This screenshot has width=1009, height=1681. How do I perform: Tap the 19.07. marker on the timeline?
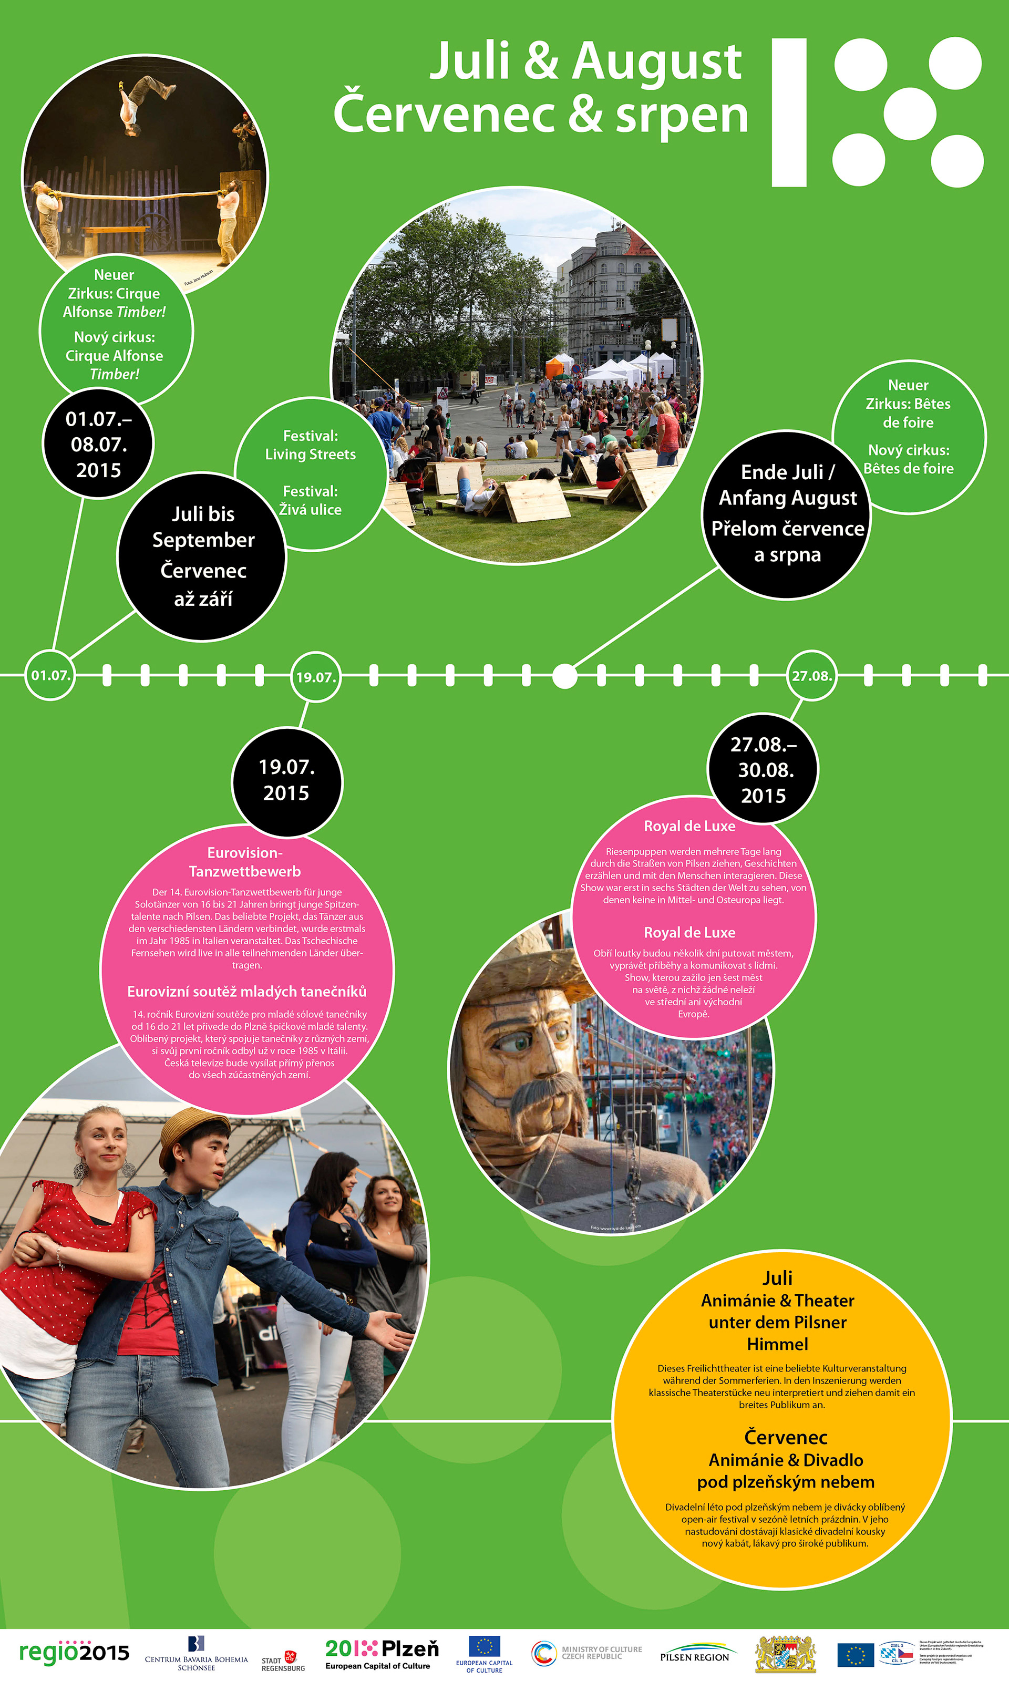315,676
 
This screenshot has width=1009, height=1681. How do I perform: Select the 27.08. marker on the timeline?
811,676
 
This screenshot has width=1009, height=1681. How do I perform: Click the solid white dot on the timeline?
564,676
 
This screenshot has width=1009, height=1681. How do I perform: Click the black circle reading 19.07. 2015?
286,780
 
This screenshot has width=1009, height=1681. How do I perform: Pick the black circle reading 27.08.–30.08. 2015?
763,769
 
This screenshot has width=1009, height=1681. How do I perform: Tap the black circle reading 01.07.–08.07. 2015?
99,444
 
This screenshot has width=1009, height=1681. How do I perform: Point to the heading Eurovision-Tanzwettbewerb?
245,862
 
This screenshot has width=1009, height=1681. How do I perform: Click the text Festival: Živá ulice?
310,500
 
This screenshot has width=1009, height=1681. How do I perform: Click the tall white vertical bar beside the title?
789,112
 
